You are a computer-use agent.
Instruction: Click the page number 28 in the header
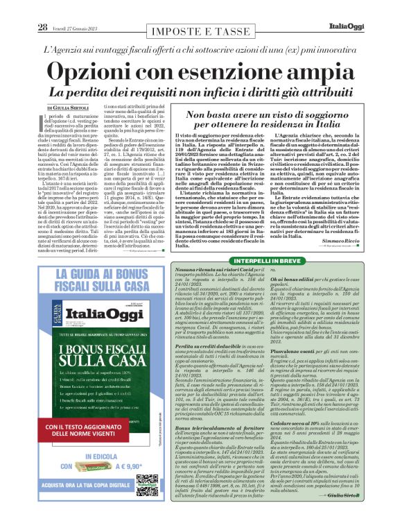(42, 8)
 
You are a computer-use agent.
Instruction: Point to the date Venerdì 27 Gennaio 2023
(77, 9)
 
